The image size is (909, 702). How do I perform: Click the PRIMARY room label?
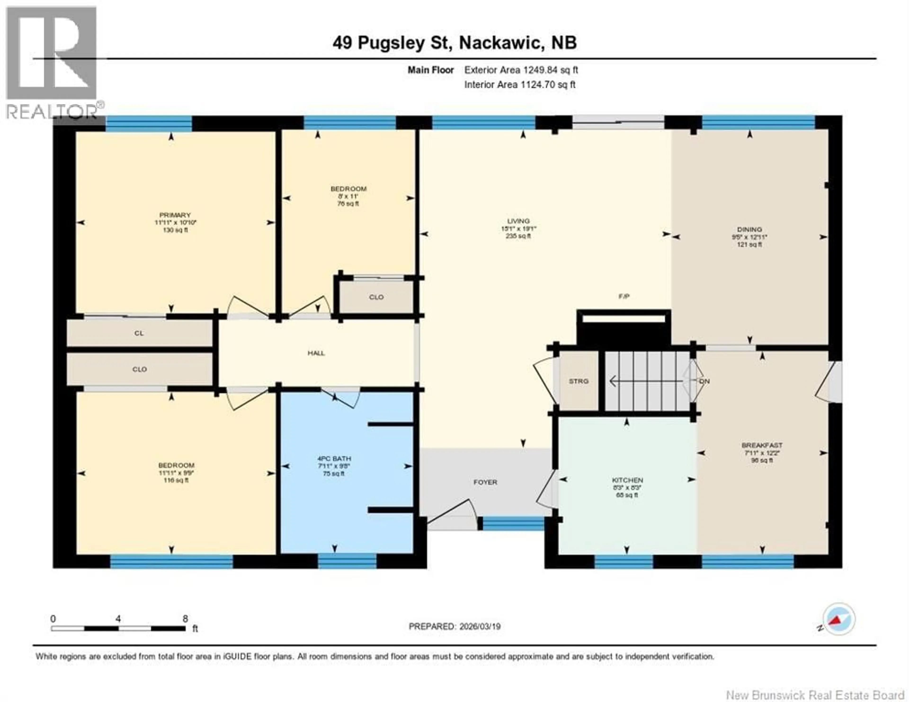coord(175,215)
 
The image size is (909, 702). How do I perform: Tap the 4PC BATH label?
coord(334,459)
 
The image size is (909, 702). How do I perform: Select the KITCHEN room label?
coord(627,480)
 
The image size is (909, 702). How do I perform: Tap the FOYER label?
coord(485,482)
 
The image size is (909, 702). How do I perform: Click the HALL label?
coord(316,353)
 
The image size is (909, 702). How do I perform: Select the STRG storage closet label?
coord(579,381)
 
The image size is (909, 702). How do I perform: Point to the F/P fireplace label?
coord(624,297)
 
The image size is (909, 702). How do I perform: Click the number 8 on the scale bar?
coord(185,619)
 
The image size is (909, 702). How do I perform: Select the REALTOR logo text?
coord(52,111)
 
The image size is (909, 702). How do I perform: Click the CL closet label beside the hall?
coord(139,333)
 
